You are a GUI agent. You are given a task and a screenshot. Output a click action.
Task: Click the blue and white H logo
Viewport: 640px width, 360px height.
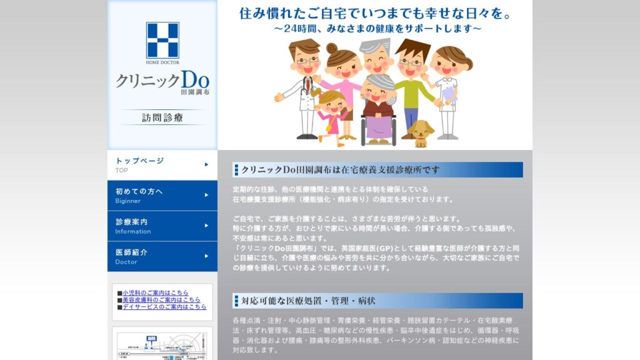point(162,40)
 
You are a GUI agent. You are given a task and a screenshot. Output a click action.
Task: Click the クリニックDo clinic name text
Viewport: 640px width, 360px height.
point(162,81)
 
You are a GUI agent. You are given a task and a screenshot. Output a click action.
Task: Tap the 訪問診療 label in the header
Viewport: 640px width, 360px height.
point(162,117)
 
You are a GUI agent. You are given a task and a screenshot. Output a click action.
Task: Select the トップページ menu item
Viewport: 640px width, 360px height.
point(162,164)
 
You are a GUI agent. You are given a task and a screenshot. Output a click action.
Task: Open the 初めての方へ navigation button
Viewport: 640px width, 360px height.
point(162,195)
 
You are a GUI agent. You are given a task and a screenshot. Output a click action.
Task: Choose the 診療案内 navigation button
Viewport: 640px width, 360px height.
point(162,226)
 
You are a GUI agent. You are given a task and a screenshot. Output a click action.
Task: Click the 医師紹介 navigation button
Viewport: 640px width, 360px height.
point(162,256)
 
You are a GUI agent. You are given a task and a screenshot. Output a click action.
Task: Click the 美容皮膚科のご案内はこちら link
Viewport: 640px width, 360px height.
point(161,300)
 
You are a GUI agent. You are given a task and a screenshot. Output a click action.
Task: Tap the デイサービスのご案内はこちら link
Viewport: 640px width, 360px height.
point(164,307)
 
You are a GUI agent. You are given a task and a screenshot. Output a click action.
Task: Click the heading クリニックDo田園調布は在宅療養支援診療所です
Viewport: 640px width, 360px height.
point(341,170)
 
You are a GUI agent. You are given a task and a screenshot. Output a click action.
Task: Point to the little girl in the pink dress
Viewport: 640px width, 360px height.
point(331,116)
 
